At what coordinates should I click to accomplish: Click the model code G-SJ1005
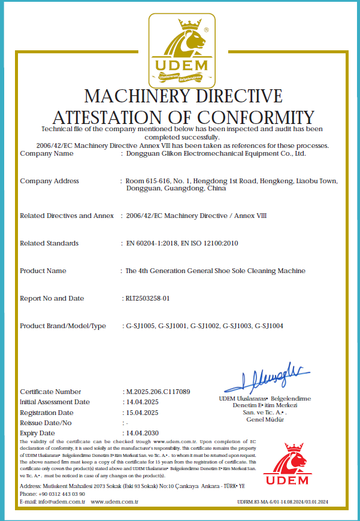coord(140,326)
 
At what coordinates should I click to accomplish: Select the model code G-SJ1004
coord(269,326)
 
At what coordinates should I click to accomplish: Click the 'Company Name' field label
coord(47,153)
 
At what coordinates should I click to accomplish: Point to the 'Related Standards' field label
coord(49,243)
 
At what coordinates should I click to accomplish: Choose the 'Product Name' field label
coord(43,271)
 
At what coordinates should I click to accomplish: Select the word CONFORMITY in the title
coord(258,117)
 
